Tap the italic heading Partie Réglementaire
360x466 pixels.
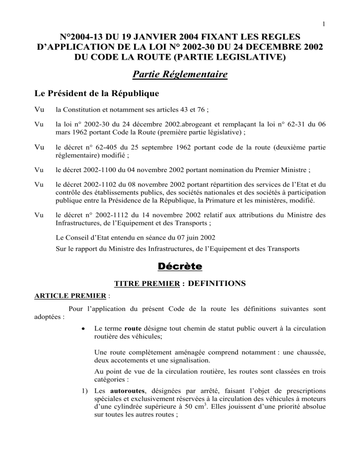(180, 74)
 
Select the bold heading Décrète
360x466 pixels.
(180, 266)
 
